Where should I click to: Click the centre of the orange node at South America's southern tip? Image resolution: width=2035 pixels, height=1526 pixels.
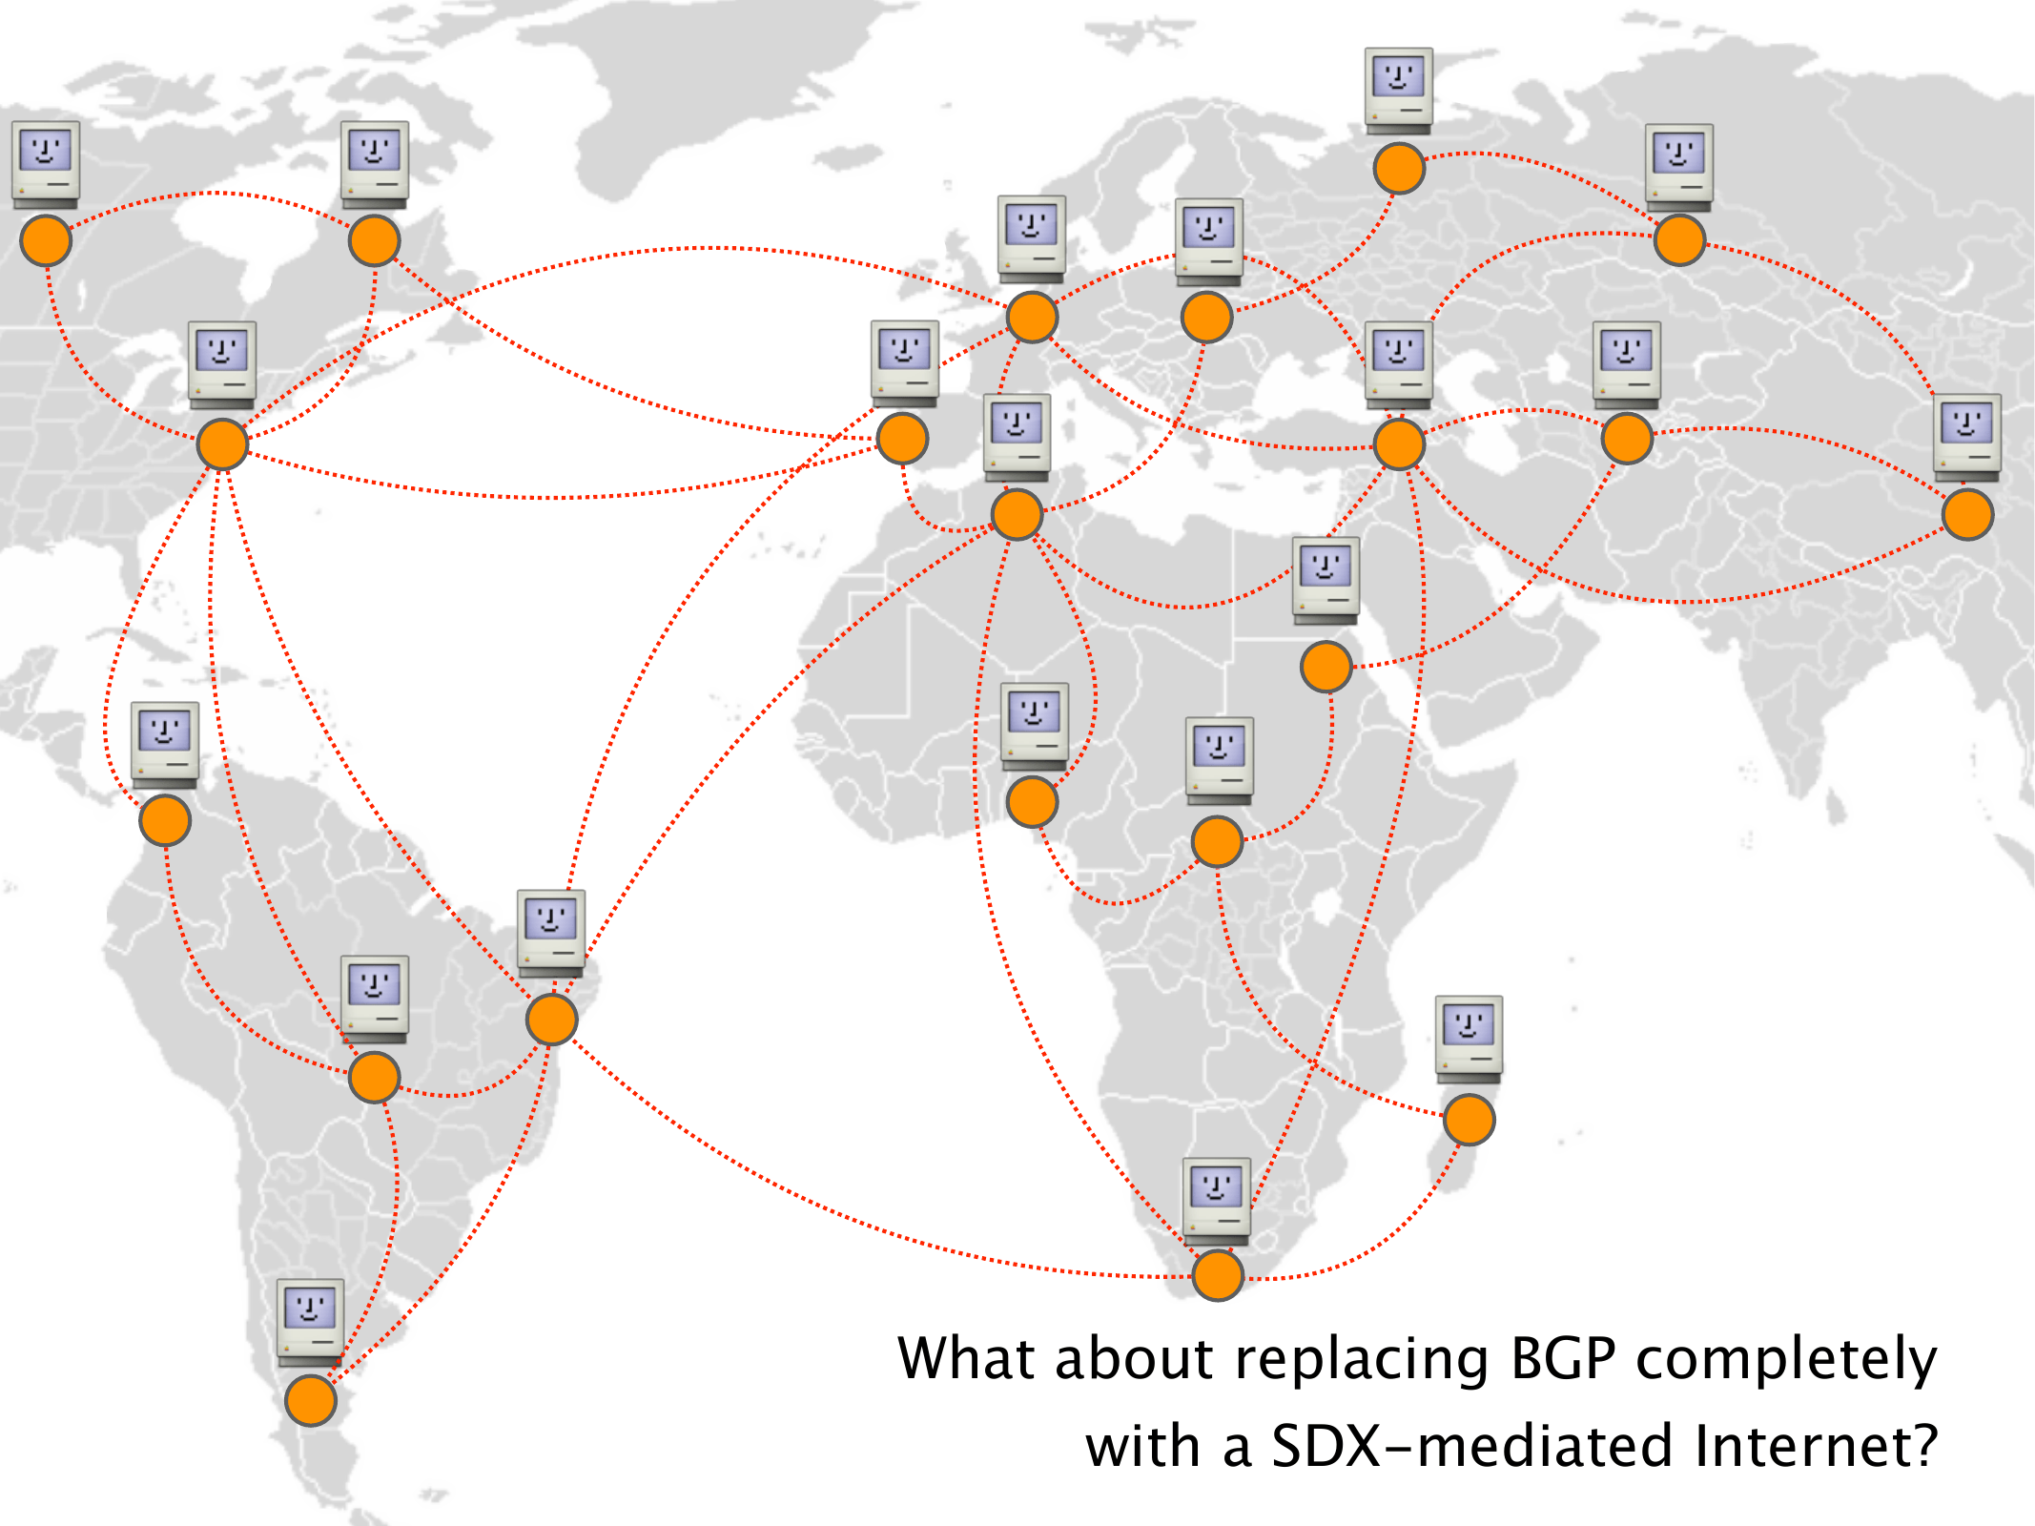(x=311, y=1400)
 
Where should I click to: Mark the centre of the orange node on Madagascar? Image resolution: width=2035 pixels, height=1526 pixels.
(x=1469, y=1120)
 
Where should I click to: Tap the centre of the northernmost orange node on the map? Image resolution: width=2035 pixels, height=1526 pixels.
(x=1399, y=169)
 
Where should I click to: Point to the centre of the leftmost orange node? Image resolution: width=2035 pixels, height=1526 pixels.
(x=46, y=239)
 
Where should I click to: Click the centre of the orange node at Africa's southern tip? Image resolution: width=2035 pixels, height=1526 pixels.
(x=1218, y=1275)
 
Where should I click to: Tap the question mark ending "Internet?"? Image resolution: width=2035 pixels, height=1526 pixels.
(x=1923, y=1445)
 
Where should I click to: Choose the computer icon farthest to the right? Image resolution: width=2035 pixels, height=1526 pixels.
(x=1967, y=437)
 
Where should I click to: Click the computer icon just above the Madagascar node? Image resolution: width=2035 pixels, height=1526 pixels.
(x=1469, y=1040)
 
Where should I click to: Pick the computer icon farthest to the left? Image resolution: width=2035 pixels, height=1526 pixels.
(x=46, y=164)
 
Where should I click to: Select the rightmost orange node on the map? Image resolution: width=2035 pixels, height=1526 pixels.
(x=1968, y=515)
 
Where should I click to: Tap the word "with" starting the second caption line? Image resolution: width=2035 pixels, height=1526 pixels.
(x=1141, y=1445)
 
